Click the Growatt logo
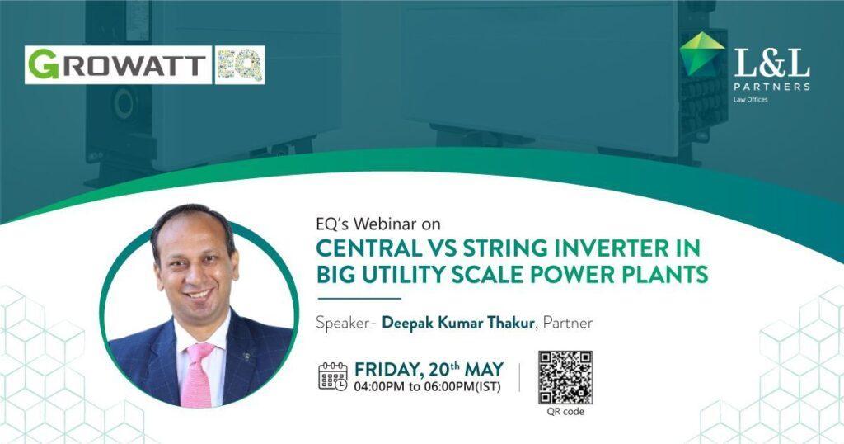coord(118,64)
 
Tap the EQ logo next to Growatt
coord(240,64)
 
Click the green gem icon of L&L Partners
coord(702,54)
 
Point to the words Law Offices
coord(750,99)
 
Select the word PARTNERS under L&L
coord(771,86)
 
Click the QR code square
coord(565,377)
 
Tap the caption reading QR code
coord(565,412)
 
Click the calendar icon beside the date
coord(333,376)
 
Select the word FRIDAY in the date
coord(387,369)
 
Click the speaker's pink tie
coord(197,375)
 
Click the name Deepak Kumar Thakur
coord(458,323)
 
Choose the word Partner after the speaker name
coord(568,323)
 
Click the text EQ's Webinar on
coord(377,223)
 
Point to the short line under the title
coord(359,298)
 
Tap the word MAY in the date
coord(484,369)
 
